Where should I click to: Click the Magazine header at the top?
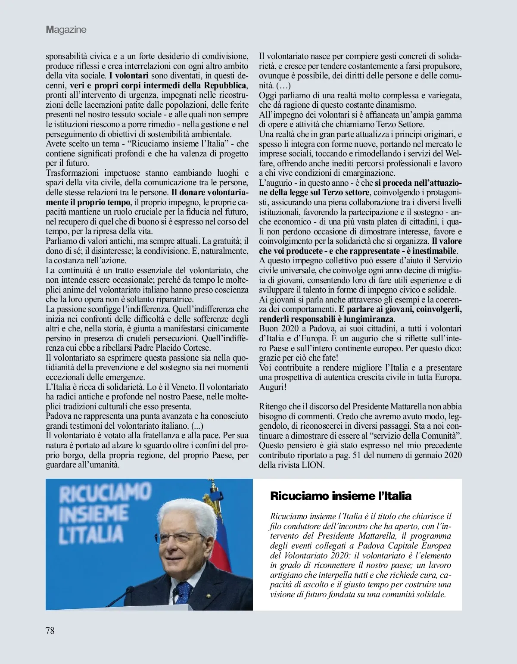66,30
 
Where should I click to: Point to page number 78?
50,630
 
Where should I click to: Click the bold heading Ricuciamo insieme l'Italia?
340,496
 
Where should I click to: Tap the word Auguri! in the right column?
273,387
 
